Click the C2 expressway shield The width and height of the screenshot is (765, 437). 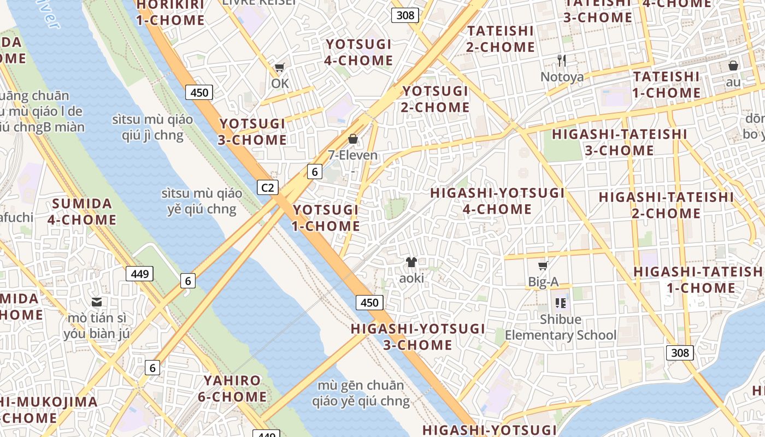[x=267, y=188]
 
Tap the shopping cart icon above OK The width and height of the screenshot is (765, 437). [x=280, y=68]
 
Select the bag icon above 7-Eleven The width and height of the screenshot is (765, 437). [x=353, y=139]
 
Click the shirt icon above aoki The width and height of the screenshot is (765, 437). [x=411, y=262]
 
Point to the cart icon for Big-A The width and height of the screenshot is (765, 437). [x=543, y=266]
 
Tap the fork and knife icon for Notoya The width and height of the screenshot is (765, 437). [x=562, y=60]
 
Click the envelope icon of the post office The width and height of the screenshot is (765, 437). [x=97, y=302]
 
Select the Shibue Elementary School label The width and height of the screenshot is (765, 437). [x=560, y=327]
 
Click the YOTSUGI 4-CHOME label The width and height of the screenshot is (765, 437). [x=358, y=52]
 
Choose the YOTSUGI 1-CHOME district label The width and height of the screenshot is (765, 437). [x=326, y=218]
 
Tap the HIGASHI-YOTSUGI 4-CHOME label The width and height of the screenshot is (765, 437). [x=497, y=201]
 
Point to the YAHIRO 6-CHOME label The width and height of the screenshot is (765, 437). [x=232, y=388]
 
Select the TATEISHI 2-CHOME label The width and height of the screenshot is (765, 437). [x=501, y=39]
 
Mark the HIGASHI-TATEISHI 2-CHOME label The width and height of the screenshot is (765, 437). [x=666, y=205]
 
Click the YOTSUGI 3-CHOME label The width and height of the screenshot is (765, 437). [x=252, y=132]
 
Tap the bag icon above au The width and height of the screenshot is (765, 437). [x=733, y=66]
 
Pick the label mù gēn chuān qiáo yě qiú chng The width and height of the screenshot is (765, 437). [x=361, y=393]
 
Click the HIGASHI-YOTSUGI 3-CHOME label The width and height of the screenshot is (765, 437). [x=418, y=336]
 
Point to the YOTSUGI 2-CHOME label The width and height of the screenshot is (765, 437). [x=436, y=99]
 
